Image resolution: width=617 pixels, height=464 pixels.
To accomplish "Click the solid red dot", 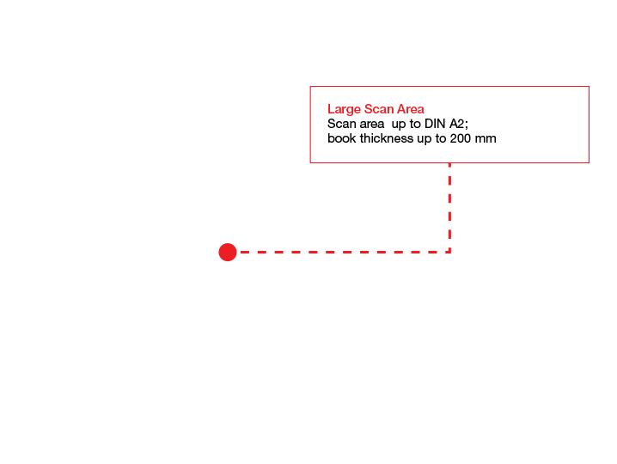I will [x=228, y=252].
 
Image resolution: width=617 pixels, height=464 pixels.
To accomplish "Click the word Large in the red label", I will [x=344, y=109].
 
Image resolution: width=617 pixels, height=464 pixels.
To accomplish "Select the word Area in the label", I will [x=411, y=109].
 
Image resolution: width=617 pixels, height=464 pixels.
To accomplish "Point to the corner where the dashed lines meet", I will [x=449, y=252].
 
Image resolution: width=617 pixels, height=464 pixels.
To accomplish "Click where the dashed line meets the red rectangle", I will [x=449, y=163].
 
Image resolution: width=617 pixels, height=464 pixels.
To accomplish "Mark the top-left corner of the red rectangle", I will [x=310, y=87].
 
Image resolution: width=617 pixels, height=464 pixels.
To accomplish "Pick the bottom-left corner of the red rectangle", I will [x=310, y=163].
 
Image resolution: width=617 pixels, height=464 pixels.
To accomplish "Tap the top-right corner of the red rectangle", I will [x=589, y=87].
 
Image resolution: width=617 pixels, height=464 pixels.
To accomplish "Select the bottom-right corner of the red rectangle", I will [x=589, y=163].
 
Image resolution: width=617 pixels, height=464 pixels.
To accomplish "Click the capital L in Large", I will [x=331, y=109].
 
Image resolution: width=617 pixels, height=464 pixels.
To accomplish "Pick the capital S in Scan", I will [x=369, y=109].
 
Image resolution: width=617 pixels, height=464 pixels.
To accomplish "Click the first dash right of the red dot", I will [x=244, y=252].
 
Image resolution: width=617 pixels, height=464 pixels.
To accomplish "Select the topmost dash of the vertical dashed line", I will [x=449, y=168].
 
